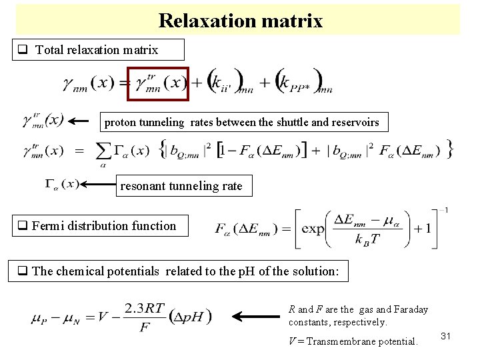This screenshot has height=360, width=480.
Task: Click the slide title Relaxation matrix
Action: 240,21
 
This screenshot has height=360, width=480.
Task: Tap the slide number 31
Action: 446,337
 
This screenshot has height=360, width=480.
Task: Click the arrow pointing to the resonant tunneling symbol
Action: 99,184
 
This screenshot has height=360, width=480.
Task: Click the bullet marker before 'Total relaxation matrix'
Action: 23,50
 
